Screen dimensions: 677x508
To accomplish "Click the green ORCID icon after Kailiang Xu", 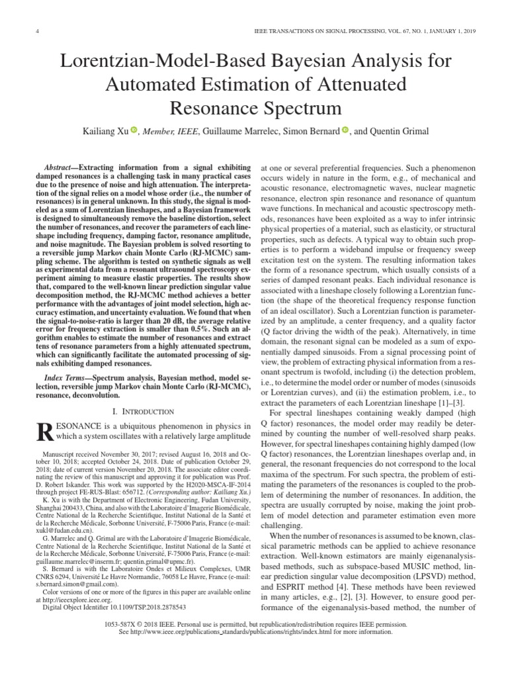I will click(133, 131).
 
